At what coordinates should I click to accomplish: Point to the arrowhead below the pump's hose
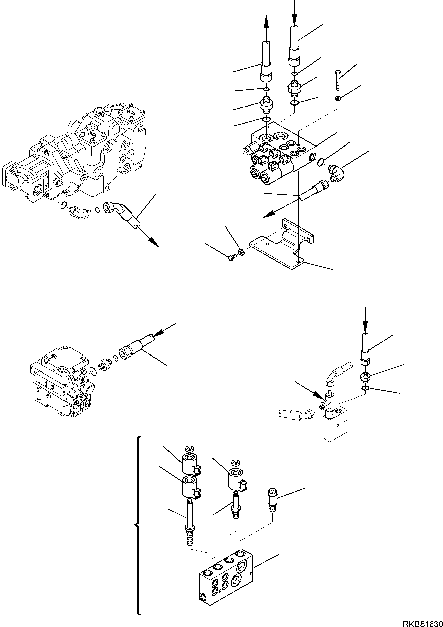click(153, 241)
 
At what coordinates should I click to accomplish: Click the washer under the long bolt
click(337, 98)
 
